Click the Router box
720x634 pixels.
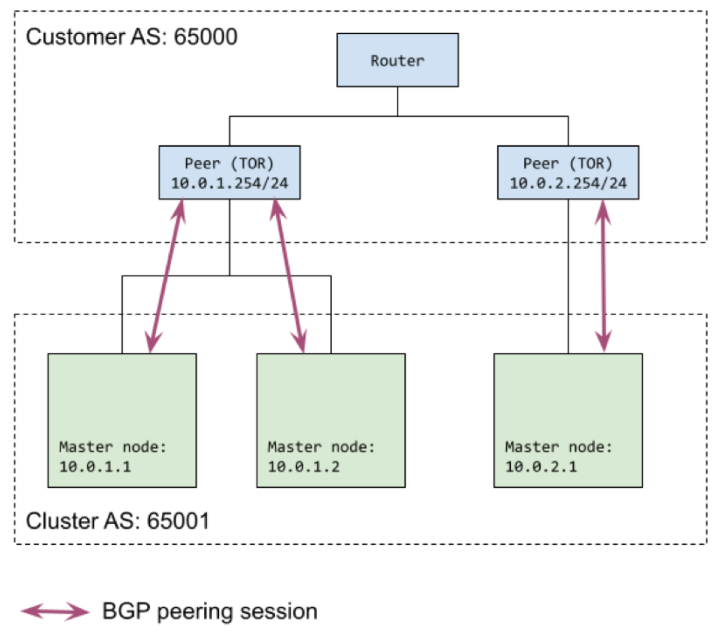pos(397,60)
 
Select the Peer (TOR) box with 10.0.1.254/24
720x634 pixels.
pos(229,172)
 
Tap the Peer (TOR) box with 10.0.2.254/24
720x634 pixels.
pos(568,172)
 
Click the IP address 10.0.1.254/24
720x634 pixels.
pos(229,183)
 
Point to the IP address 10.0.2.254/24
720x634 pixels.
pos(568,183)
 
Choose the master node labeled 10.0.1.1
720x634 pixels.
pos(122,420)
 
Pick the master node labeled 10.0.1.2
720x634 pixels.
pos(331,420)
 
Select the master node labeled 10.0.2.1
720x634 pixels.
pos(568,420)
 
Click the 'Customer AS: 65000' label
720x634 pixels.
pos(131,37)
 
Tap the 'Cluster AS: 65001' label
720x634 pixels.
pos(117,521)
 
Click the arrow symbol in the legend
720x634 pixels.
pos(55,611)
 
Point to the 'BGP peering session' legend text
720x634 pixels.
pos(210,611)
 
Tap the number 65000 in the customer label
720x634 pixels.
pos(205,37)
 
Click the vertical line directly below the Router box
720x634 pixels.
pos(397,101)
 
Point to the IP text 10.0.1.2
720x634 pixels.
pos(304,467)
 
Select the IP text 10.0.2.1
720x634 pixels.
pos(541,467)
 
